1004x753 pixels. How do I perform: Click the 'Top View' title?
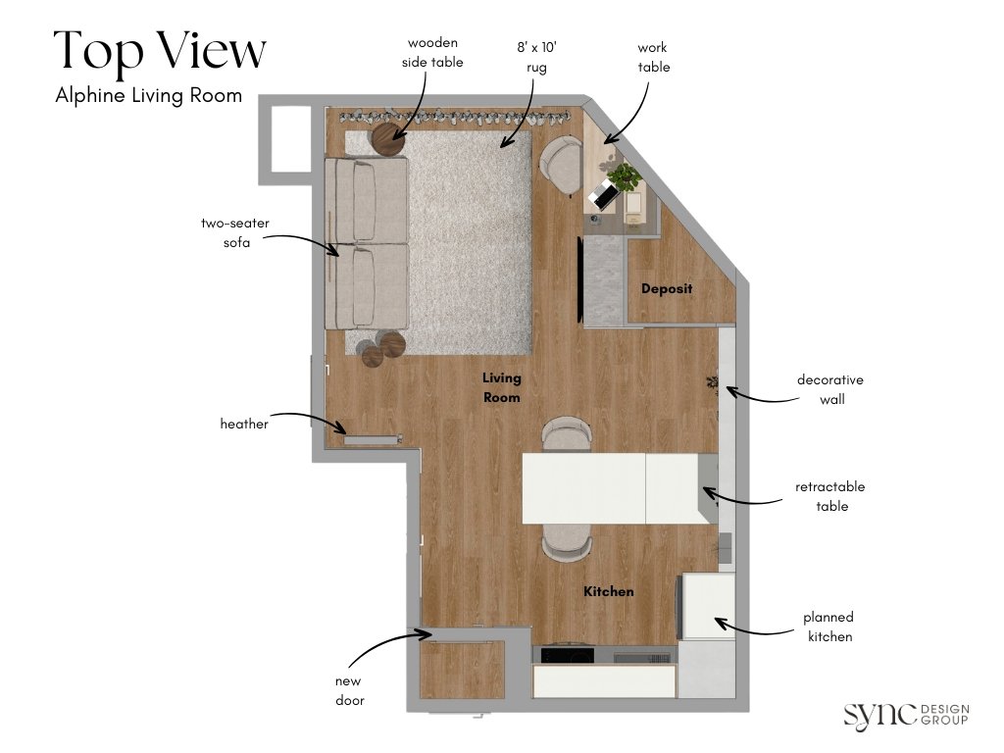pyautogui.click(x=159, y=51)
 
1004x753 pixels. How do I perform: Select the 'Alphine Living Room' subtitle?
pyautogui.click(x=149, y=96)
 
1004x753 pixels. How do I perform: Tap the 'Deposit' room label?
pyautogui.click(x=667, y=289)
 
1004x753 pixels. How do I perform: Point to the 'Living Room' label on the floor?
pyautogui.click(x=501, y=387)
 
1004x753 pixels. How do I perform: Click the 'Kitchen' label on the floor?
pyautogui.click(x=608, y=591)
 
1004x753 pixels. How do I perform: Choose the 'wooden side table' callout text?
pyautogui.click(x=432, y=53)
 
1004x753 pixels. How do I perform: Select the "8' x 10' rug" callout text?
pyautogui.click(x=530, y=57)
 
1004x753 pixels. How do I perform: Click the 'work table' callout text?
pyautogui.click(x=653, y=57)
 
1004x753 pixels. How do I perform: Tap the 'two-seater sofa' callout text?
pyautogui.click(x=235, y=232)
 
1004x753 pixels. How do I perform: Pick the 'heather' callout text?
pyautogui.click(x=244, y=424)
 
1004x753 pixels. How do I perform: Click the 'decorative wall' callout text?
pyautogui.click(x=829, y=389)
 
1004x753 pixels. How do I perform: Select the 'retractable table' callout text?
pyautogui.click(x=830, y=496)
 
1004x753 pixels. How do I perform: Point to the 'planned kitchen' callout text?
pyautogui.click(x=829, y=627)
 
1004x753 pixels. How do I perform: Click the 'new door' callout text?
pyautogui.click(x=350, y=690)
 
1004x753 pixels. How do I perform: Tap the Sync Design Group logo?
pyautogui.click(x=906, y=715)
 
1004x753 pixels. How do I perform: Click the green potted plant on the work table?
pyautogui.click(x=624, y=178)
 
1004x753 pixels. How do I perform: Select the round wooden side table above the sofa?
pyautogui.click(x=388, y=140)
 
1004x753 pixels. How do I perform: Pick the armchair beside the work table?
pyautogui.click(x=562, y=164)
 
